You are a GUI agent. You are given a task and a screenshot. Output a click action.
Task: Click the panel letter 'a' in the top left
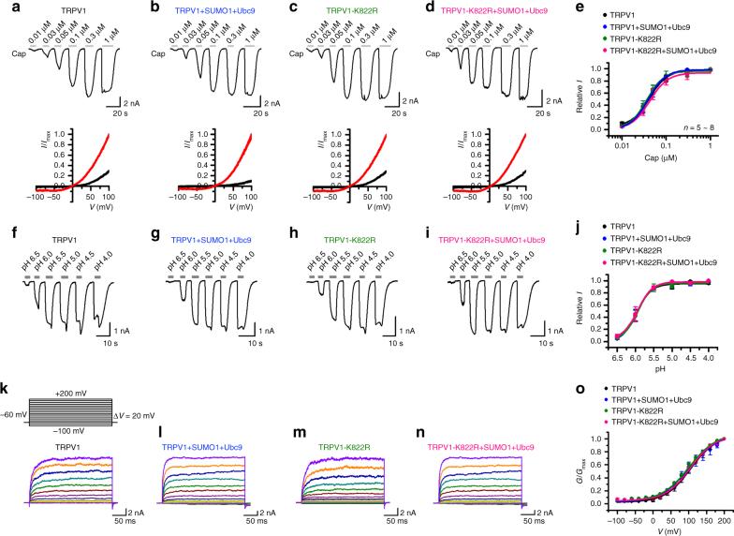(x=6, y=6)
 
